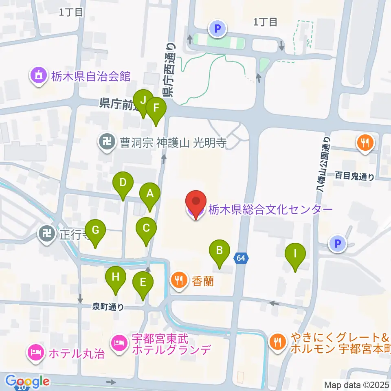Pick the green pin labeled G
95,231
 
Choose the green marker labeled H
116,277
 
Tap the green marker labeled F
156,108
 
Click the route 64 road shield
241,258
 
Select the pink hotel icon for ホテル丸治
35,351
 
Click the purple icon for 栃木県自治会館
38,75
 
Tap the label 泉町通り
108,308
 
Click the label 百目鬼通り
354,176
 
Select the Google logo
28,381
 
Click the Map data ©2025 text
356,384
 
